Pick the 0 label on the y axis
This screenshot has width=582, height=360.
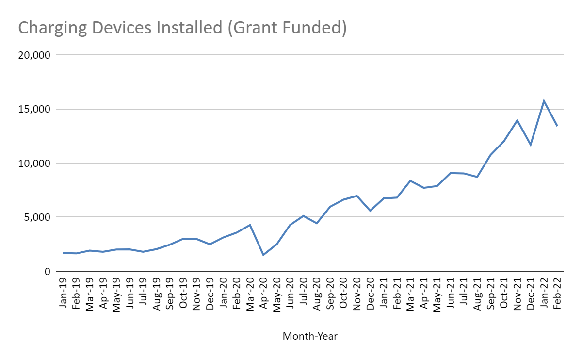coord(48,272)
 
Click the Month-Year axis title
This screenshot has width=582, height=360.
coord(310,336)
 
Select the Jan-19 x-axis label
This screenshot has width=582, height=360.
coord(64,293)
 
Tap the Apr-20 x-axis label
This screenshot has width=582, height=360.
coord(263,293)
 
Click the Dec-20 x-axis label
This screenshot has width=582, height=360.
coord(370,293)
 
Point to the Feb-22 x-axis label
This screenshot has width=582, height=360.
coord(557,293)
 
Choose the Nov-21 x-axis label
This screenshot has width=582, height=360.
coord(517,293)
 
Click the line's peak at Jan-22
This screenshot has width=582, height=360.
coord(544,101)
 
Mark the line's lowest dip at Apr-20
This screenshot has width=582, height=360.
coord(263,255)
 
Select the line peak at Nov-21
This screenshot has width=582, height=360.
coord(517,120)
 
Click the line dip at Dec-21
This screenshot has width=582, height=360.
coord(531,145)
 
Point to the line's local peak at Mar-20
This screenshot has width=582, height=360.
coord(250,225)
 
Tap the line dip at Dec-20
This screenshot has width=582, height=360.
coord(370,211)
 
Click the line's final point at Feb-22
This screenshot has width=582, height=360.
coord(557,126)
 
